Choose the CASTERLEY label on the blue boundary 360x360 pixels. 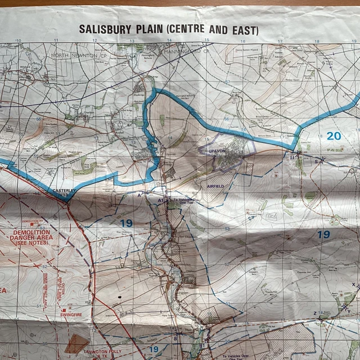[x=64, y=191]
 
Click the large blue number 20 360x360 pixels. [x=334, y=136]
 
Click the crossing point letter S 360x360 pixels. [x=316, y=161]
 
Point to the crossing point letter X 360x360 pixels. [x=353, y=285]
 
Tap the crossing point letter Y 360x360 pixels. [x=348, y=311]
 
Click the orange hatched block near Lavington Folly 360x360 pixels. [x=77, y=343]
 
